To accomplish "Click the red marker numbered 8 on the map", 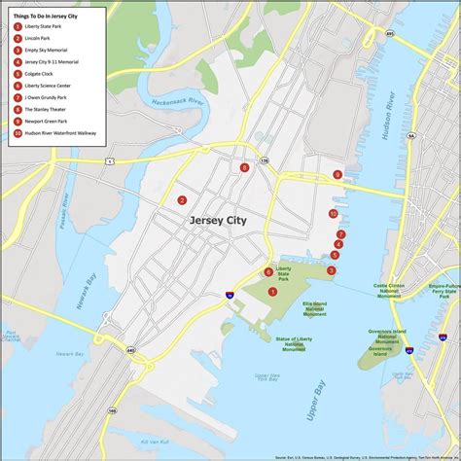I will (245, 167).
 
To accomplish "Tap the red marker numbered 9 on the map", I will (337, 175).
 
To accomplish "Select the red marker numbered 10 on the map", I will (333, 214).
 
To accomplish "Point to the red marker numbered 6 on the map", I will (268, 272).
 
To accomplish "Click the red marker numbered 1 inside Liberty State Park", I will (273, 291).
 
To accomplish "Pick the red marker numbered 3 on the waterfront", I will (332, 270).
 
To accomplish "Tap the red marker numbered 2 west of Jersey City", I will (182, 200).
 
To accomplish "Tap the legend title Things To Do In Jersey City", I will (46, 16).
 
